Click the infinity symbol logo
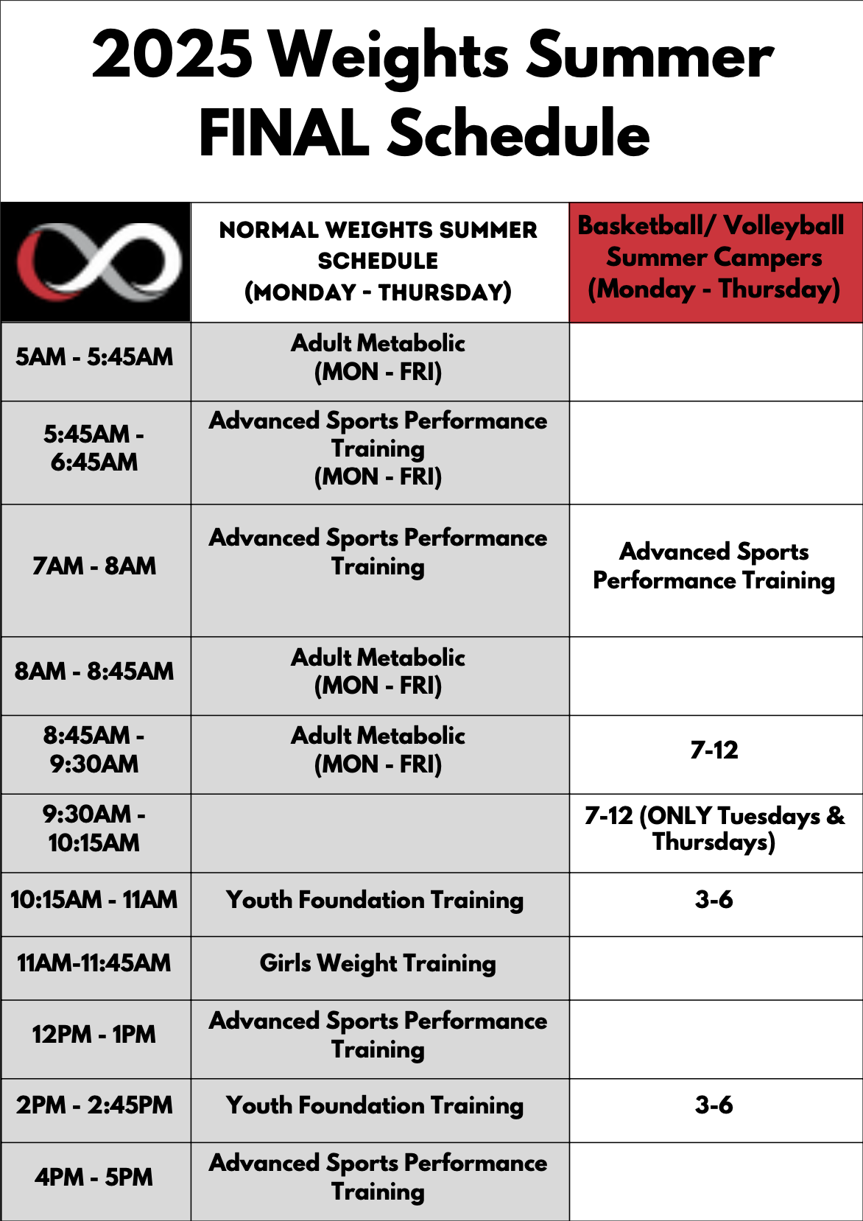click(x=98, y=262)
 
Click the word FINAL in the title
click(x=284, y=133)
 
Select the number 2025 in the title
click(x=172, y=54)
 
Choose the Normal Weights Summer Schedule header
click(x=378, y=261)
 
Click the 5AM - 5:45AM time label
click(x=94, y=357)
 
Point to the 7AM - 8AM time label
click(x=94, y=566)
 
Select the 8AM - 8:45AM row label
click(x=94, y=671)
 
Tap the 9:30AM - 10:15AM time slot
click(x=94, y=828)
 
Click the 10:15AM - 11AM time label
click(x=94, y=899)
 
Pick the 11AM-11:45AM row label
click(x=94, y=963)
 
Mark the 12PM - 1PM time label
click(x=94, y=1034)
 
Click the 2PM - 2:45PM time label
click(x=94, y=1105)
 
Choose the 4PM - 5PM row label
click(x=94, y=1177)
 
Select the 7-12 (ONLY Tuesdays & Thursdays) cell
click(x=715, y=828)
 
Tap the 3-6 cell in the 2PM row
click(x=714, y=1105)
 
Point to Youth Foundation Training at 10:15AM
click(x=375, y=900)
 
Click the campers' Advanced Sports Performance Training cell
click(x=714, y=566)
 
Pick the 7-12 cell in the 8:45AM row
click(x=714, y=750)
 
